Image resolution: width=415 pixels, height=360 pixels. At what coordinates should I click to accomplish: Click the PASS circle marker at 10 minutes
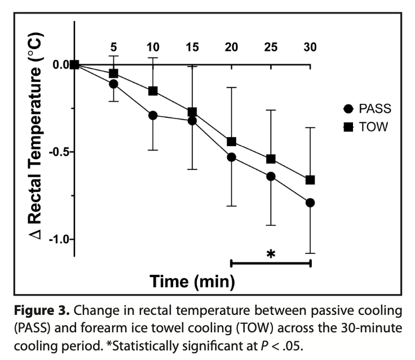(152, 115)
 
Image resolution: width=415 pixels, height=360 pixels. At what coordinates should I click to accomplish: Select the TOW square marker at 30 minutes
(310, 180)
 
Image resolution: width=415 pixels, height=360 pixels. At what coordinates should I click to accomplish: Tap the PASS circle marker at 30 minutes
(310, 203)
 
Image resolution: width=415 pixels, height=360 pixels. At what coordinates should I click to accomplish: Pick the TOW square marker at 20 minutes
(231, 142)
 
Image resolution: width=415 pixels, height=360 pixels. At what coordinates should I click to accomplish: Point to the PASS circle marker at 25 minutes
(271, 176)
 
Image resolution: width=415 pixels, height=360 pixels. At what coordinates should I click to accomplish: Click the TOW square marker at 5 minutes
(113, 73)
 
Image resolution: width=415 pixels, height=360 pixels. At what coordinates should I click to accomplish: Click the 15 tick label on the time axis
(192, 47)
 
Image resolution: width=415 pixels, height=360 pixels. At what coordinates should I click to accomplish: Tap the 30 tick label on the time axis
(310, 47)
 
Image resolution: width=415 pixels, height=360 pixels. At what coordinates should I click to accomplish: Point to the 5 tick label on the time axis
(113, 47)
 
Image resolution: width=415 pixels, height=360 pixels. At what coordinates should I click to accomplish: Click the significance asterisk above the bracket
(271, 253)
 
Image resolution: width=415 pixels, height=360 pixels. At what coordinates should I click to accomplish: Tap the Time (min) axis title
(192, 280)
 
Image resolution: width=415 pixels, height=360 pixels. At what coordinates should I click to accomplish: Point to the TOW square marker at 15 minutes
(192, 112)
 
